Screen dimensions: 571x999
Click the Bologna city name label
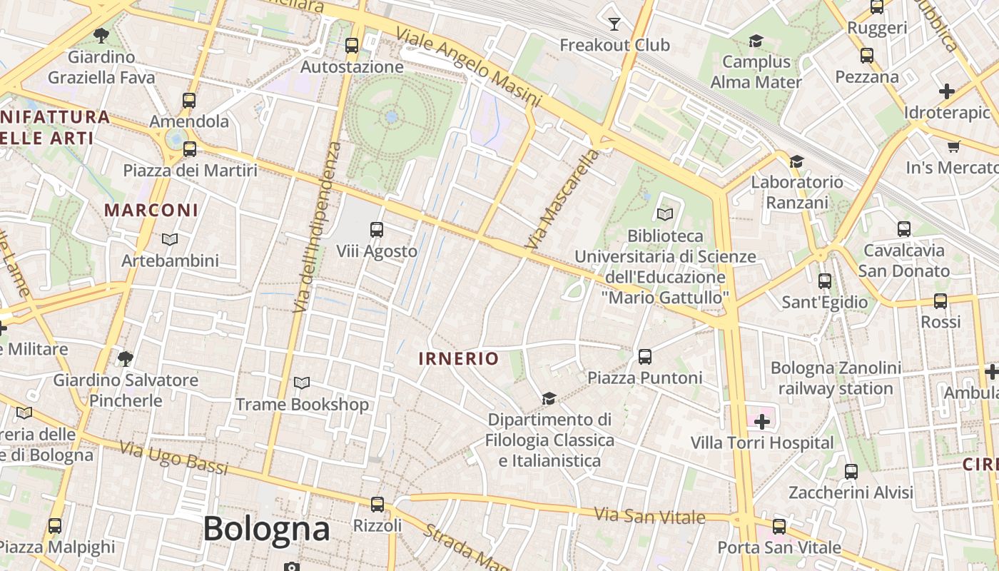pos(266,529)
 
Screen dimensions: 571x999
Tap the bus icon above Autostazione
pos(352,46)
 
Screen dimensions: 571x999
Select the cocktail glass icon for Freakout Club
pos(614,24)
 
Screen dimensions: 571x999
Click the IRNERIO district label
pos(458,358)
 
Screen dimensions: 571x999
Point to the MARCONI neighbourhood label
pos(151,211)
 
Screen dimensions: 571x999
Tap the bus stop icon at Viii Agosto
pos(377,230)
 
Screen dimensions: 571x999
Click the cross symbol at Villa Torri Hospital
pos(762,421)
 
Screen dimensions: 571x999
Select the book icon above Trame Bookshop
pos(302,383)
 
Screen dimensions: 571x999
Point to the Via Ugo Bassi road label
pos(173,458)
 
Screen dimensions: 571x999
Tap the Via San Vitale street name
pos(649,516)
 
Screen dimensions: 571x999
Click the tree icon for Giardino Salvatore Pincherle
pos(126,358)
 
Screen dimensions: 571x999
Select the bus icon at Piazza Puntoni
pos(645,356)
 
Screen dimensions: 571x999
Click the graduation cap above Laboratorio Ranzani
pos(796,162)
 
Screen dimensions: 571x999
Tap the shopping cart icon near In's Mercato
pos(953,147)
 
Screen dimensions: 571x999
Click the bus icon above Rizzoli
pos(377,505)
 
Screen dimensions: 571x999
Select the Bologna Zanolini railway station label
pos(836,378)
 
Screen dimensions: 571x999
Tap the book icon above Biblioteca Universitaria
pos(665,214)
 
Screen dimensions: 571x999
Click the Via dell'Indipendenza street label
pos(313,226)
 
